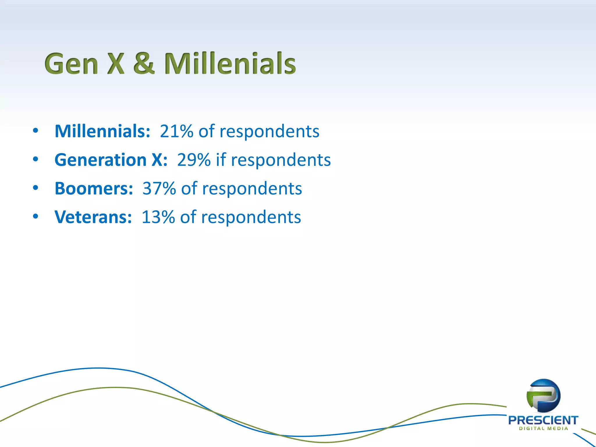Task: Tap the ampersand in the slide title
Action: pos(144,63)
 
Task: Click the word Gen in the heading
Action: pos(72,64)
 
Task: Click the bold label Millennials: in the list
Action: pos(102,131)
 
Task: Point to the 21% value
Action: pos(176,131)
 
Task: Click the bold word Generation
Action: pos(101,160)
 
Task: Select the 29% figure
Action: pos(194,160)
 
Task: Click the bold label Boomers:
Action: pos(94,188)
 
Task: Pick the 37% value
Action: pos(159,188)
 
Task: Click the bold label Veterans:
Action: pos(93,217)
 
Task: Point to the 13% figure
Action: pos(158,217)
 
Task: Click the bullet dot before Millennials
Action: pos(36,131)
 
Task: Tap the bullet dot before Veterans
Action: pos(36,216)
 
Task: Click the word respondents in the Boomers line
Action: pos(252,189)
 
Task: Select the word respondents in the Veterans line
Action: pos(251,217)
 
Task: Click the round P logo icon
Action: pos(543,395)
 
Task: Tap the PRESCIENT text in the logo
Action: pos(543,420)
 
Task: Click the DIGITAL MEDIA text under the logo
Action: pos(543,428)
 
